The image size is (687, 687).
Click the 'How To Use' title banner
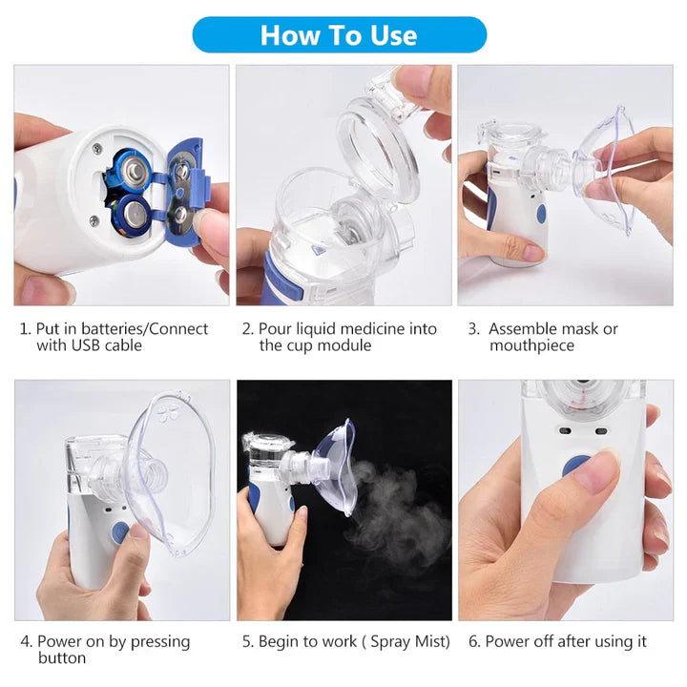339,35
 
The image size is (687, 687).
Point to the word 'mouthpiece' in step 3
531,345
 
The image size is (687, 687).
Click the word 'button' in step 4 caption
62,658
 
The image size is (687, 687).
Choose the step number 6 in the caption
474,642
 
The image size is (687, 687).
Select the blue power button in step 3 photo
539,214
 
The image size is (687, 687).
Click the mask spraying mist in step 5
334,468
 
